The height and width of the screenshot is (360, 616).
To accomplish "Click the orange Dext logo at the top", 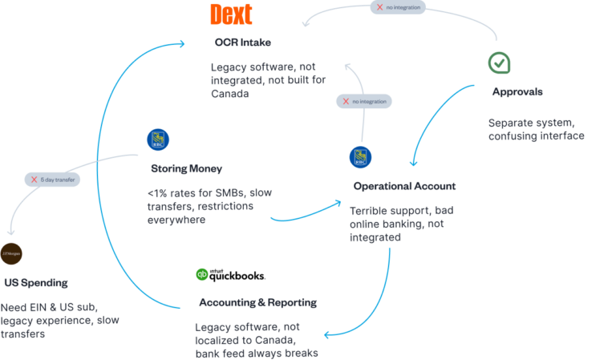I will pyautogui.click(x=230, y=14).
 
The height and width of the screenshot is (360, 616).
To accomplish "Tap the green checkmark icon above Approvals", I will pyautogui.click(x=500, y=63).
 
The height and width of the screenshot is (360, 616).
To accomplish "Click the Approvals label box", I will pyautogui.click(x=517, y=92).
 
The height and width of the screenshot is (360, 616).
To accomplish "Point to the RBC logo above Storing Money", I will pyautogui.click(x=158, y=140).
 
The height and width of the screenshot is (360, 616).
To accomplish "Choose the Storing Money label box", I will pyautogui.click(x=186, y=169).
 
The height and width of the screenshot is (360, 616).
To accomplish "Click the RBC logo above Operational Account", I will pyautogui.click(x=360, y=157).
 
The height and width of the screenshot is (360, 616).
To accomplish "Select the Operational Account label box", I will pyautogui.click(x=405, y=186).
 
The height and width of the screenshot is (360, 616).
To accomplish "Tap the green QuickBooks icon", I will pyautogui.click(x=202, y=274).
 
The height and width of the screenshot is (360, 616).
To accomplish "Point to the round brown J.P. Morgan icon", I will pyautogui.click(x=11, y=253).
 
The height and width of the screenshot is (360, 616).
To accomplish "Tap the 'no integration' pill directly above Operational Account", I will pyautogui.click(x=363, y=102).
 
